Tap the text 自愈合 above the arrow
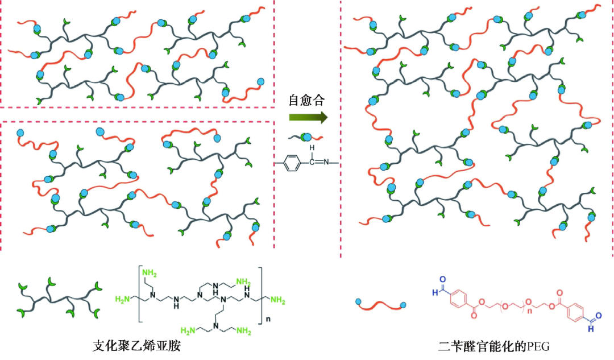[306, 101]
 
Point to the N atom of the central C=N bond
[326, 164]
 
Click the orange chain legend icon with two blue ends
[380, 305]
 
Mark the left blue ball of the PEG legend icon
[358, 302]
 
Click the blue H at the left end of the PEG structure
[434, 291]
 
